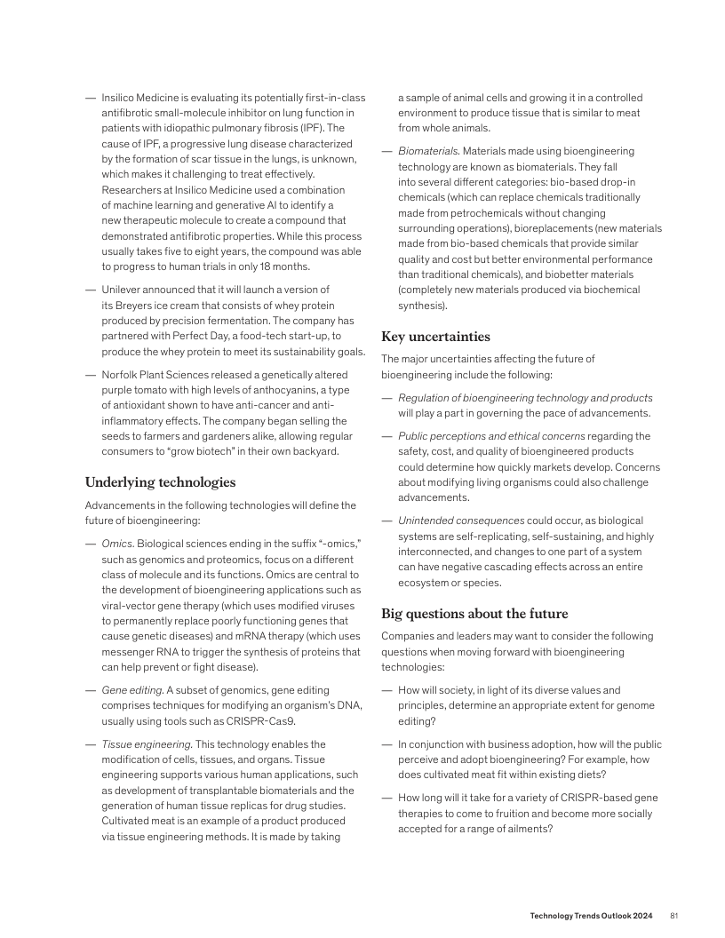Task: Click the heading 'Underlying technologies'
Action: click(160, 482)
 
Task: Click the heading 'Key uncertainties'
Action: click(435, 337)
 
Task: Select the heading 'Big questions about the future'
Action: click(474, 614)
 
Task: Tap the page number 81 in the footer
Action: click(674, 915)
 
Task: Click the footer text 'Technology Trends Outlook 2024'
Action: click(592, 915)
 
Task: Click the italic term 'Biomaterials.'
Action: click(428, 151)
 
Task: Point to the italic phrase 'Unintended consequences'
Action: click(459, 521)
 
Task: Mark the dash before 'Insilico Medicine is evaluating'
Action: click(90, 97)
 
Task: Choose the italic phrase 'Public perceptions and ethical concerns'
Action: click(491, 435)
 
